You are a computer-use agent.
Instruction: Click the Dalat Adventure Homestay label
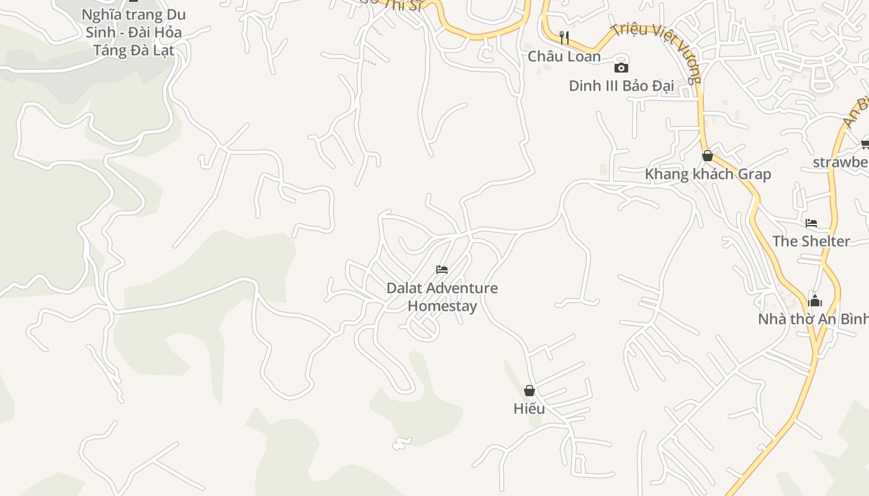(x=442, y=297)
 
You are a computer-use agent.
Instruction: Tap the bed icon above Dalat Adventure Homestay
(x=442, y=270)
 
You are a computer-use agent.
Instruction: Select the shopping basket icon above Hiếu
(x=529, y=391)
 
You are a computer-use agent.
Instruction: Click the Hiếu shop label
(x=529, y=409)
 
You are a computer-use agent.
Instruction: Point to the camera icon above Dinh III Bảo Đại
(x=621, y=68)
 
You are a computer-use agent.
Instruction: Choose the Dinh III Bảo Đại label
(x=621, y=86)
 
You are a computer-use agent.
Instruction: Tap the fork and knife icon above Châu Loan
(x=564, y=38)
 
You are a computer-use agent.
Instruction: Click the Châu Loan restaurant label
(x=564, y=56)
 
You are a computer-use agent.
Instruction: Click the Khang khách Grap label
(x=708, y=174)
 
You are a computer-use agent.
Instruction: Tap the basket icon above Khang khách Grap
(x=707, y=156)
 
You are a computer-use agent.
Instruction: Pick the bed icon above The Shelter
(x=811, y=223)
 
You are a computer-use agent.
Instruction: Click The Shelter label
(x=811, y=241)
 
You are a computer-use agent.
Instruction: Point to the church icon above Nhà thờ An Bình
(x=815, y=301)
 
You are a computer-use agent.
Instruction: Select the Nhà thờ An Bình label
(x=813, y=319)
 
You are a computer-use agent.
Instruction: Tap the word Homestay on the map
(x=442, y=306)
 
